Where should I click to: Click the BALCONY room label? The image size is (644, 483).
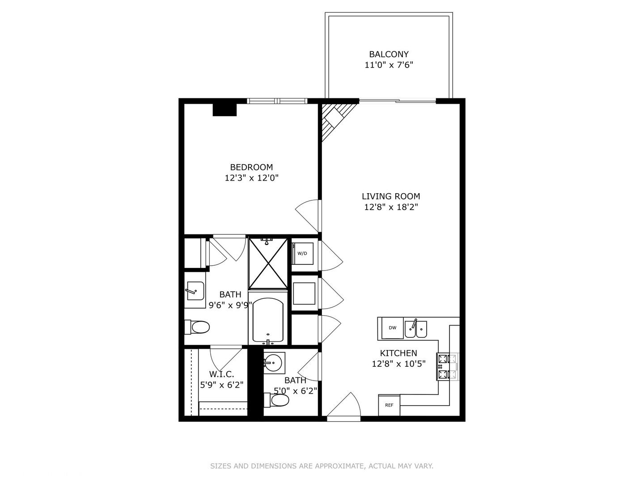tap(389, 54)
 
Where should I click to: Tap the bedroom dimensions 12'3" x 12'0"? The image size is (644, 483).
tap(251, 178)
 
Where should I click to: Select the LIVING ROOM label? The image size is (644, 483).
tap(390, 196)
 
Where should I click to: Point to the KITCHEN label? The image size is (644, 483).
tap(398, 353)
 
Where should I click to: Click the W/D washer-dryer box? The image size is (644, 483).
tap(303, 254)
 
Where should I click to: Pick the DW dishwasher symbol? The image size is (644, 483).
tap(392, 328)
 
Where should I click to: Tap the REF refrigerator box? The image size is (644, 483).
tap(389, 405)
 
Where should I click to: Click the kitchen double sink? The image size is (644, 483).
tap(415, 330)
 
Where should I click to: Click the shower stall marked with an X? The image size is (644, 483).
tap(268, 263)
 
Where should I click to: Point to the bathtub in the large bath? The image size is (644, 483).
tap(268, 320)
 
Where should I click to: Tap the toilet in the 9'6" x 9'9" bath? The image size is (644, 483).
tap(198, 327)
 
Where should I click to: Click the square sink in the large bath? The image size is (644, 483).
tap(195, 291)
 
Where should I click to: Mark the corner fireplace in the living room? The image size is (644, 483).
tap(333, 119)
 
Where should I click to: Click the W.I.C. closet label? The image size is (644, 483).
tap(221, 374)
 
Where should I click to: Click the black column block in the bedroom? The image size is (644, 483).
tap(224, 110)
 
